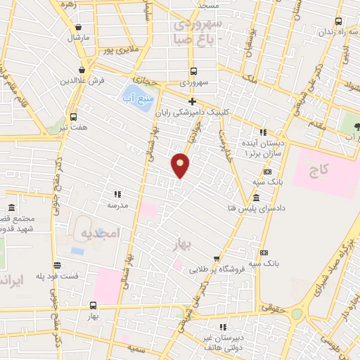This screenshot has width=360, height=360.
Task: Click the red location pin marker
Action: click(180, 165)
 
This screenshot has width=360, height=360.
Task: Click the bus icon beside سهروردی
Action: click(193, 71)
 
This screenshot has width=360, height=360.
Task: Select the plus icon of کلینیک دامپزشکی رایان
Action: click(191, 101)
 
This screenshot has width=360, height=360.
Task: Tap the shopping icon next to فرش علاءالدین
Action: click(83, 70)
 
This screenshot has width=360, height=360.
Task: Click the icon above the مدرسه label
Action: click(117, 194)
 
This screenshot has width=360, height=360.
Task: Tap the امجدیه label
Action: click(101, 232)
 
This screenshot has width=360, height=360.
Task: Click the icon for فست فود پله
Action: click(57, 265)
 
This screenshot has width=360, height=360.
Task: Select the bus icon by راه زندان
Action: click(339, 21)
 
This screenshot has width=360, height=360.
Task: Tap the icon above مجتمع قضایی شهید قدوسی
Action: click(13, 209)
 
